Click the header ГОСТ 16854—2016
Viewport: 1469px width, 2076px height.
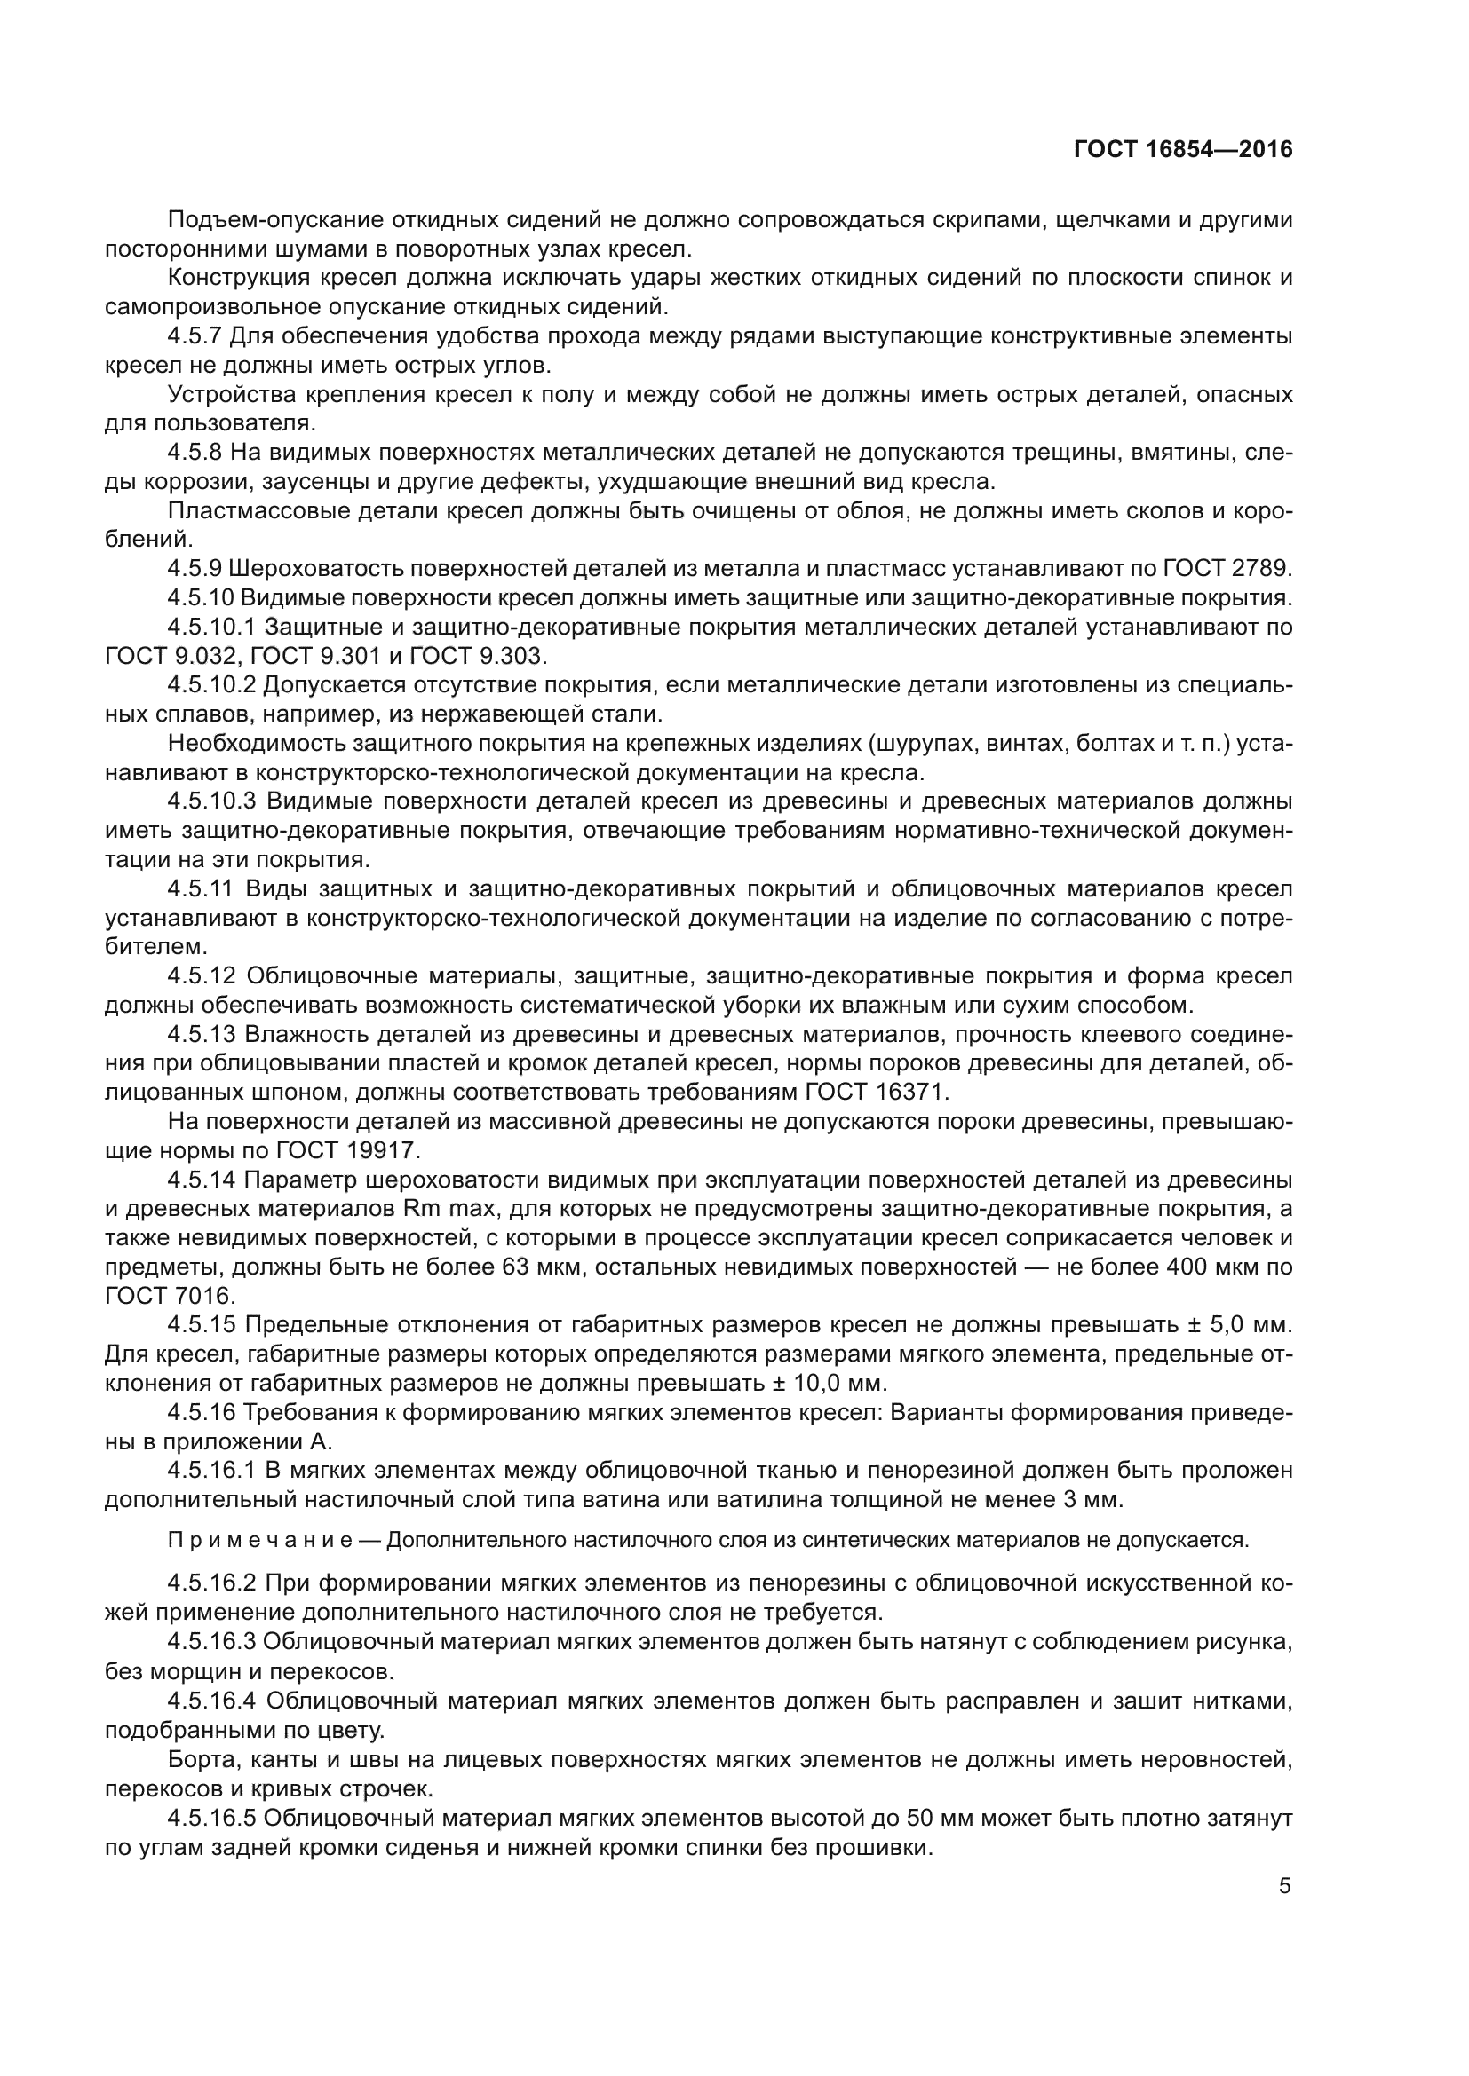tap(1182, 149)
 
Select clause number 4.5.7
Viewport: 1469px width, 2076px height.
tap(195, 336)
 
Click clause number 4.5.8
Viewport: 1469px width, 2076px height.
tap(195, 452)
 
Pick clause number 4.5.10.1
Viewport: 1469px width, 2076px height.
tap(212, 627)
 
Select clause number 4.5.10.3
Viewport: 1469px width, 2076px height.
tap(212, 801)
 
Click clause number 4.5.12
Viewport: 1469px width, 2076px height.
tap(202, 975)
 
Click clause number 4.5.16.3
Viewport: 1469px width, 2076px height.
tap(212, 1641)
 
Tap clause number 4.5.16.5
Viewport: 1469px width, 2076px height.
tap(212, 1817)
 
